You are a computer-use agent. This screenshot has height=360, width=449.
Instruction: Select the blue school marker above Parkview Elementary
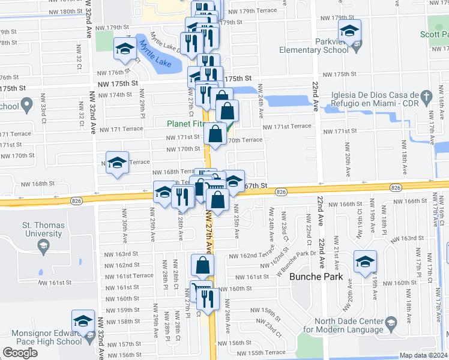click(349, 31)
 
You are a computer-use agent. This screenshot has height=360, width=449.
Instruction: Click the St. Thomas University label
click(42, 229)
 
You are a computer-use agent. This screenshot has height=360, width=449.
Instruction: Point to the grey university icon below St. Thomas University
click(43, 245)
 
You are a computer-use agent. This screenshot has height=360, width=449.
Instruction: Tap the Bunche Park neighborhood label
click(316, 277)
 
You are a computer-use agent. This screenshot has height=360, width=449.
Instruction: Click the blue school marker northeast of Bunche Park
click(364, 262)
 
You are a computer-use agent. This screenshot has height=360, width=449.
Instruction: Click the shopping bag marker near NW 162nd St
click(202, 265)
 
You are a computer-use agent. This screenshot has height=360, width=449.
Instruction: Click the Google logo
click(20, 352)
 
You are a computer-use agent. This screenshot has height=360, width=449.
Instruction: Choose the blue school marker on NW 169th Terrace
click(118, 162)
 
